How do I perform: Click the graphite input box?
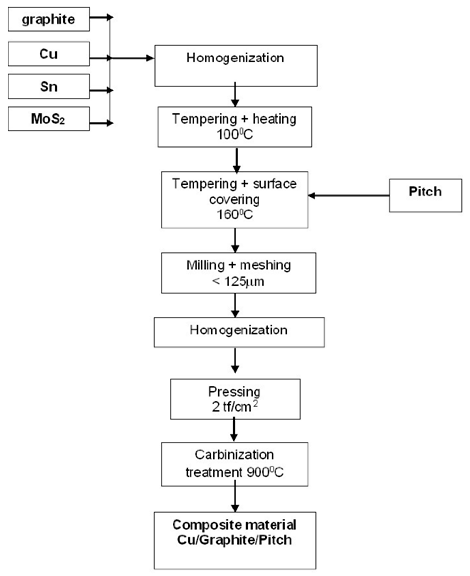(x=48, y=19)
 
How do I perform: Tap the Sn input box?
(x=48, y=86)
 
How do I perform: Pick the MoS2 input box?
(x=48, y=119)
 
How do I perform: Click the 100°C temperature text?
(x=234, y=134)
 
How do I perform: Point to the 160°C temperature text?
(x=234, y=215)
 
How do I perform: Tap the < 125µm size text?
(x=238, y=282)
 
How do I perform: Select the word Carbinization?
(x=234, y=455)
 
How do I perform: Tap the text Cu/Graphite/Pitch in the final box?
(x=234, y=540)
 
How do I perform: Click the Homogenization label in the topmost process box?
(x=235, y=58)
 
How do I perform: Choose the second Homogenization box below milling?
(x=239, y=332)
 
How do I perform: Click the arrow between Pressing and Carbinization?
(x=234, y=430)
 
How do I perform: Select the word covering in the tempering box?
(x=234, y=199)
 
